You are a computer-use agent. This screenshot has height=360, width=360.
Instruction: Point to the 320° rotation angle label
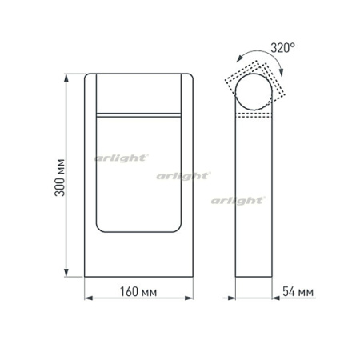(x=282, y=48)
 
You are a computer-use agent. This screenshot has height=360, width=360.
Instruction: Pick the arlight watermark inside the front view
(x=120, y=158)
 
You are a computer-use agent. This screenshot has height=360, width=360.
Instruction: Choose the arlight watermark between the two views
(x=183, y=174)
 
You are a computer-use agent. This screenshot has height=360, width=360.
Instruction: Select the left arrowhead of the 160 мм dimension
(x=88, y=299)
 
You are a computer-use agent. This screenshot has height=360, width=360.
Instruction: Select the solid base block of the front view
(x=138, y=256)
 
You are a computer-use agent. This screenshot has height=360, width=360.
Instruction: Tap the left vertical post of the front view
(x=89, y=160)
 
